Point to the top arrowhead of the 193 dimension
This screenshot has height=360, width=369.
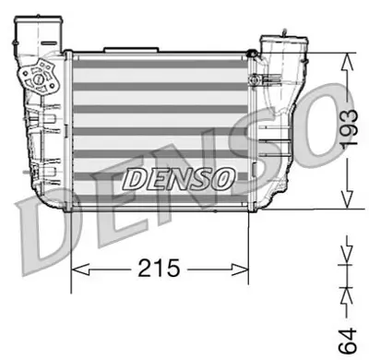[x=346, y=59]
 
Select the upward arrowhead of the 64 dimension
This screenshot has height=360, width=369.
[x=346, y=292]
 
